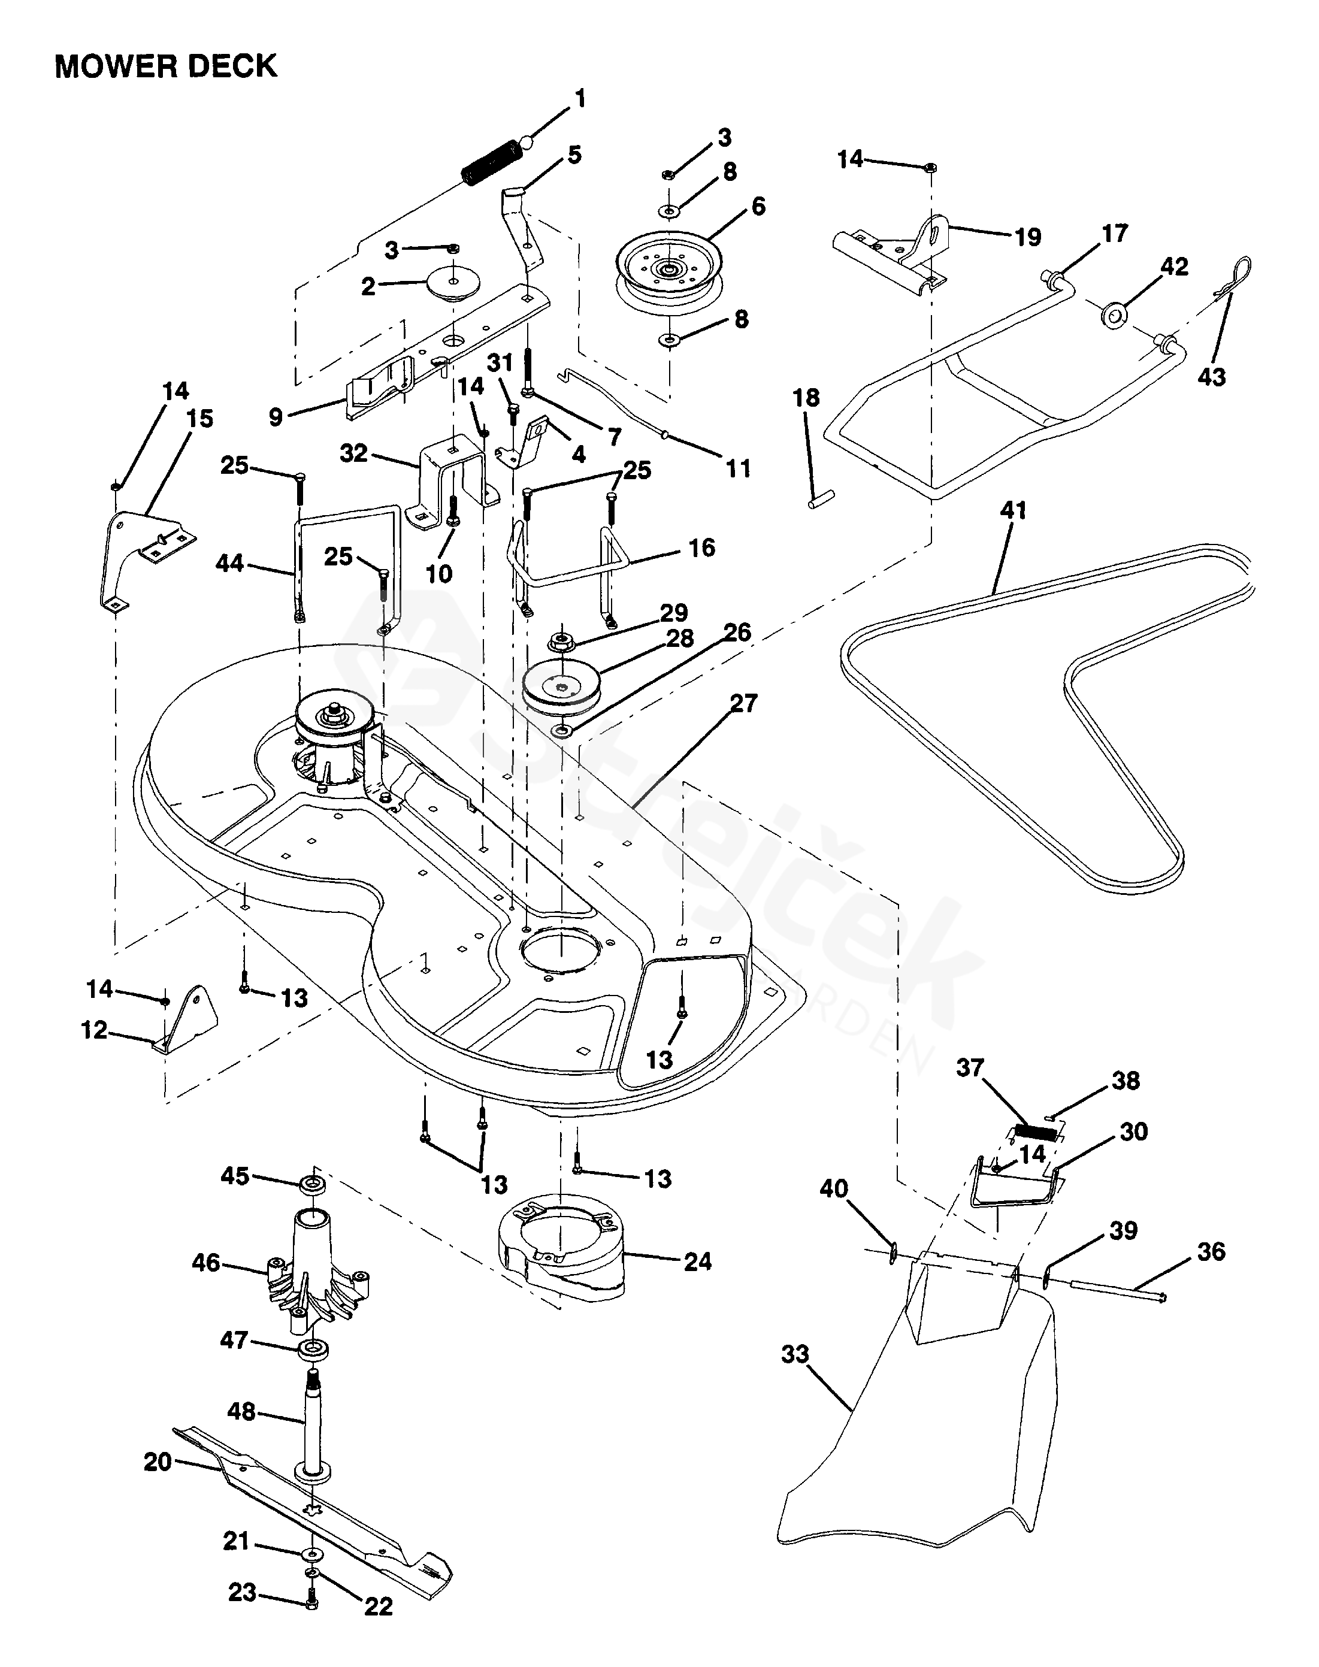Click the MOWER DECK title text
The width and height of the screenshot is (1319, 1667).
pos(165,66)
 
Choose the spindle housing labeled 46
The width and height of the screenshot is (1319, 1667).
pos(317,1272)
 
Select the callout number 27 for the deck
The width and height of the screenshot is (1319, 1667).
pos(744,703)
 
